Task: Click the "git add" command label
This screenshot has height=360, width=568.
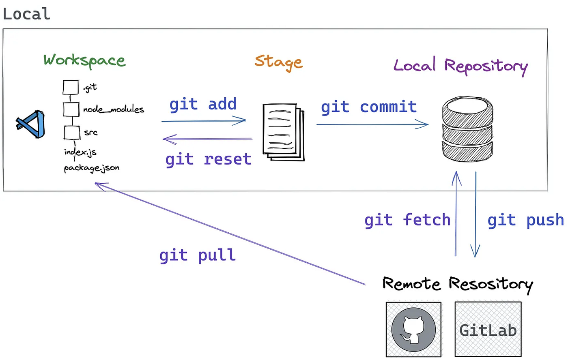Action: coord(203,105)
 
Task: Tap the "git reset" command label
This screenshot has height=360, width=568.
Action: coord(208,160)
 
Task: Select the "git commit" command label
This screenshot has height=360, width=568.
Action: coord(369,107)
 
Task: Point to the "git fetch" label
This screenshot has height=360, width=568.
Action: coord(407,220)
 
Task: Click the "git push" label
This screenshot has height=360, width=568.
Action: coord(526,220)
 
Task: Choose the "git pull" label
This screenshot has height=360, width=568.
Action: coord(198,255)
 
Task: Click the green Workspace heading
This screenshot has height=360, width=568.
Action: coord(84,61)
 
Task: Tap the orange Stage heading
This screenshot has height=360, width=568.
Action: coord(278,63)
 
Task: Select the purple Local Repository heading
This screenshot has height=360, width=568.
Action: coord(461,66)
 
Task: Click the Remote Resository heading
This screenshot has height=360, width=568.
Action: coord(458,285)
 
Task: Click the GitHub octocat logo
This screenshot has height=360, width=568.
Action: coord(413,330)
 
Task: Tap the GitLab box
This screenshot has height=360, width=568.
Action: coord(488,329)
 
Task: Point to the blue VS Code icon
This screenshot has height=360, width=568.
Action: coord(30,124)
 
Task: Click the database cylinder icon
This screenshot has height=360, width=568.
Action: coord(467,129)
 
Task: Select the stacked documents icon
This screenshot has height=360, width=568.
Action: coord(284,132)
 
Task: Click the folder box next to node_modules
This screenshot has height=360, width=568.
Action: coord(71,109)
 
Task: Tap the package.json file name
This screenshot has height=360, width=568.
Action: coord(92,168)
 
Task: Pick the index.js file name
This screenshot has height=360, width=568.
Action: coord(80,152)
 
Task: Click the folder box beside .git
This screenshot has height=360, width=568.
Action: coord(71,87)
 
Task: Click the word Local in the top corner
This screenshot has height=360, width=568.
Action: coord(26,14)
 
